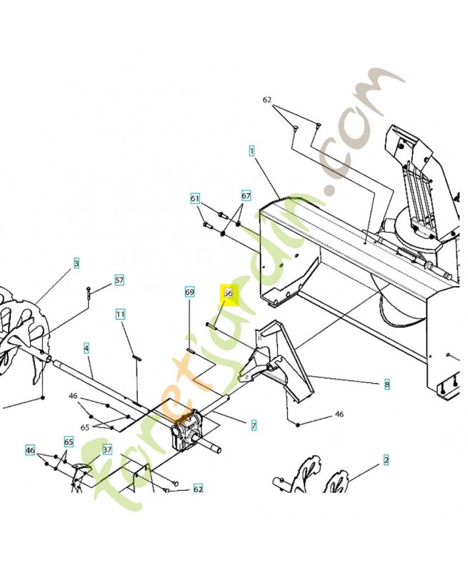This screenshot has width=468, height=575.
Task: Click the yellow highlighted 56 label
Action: pos(228,293)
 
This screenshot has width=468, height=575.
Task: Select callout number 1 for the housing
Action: pos(252,151)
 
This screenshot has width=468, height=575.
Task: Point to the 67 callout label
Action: pos(246,195)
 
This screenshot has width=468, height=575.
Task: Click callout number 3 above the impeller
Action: pos(76,264)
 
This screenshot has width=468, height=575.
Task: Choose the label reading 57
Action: pos(119,280)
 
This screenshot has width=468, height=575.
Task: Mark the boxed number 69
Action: pos(189,293)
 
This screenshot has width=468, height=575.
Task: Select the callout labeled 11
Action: pos(121,314)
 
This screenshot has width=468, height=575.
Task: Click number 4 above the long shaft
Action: pos(86,348)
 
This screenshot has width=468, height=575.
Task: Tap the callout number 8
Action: pos(387,385)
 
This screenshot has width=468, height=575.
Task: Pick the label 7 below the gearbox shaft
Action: pos(253,426)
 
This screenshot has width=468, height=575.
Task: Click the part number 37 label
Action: pos(107,450)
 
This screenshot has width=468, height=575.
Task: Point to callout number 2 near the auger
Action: pos(386,459)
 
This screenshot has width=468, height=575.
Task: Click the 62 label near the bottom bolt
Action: pos(198,489)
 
